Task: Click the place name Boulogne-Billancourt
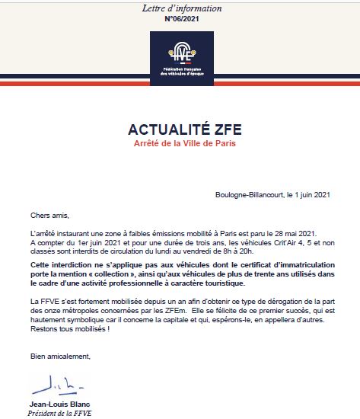pos(250,194)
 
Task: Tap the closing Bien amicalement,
pos(60,356)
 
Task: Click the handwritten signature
pos(52,380)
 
